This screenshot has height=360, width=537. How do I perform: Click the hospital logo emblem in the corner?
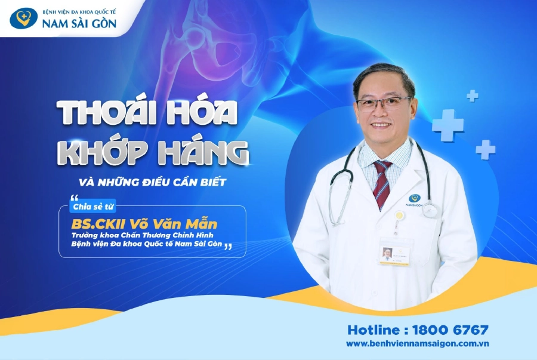click(x=23, y=17)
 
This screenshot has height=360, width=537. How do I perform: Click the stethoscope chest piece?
click(x=430, y=210)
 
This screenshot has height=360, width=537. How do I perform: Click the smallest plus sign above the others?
click(x=473, y=96)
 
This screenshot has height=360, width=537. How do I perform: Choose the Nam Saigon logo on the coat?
click(x=413, y=199)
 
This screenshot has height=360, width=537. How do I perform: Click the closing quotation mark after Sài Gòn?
click(x=227, y=247)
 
